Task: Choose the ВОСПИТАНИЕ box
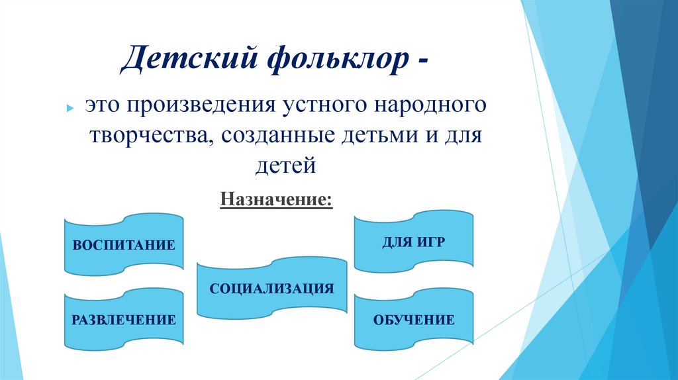(x=124, y=244)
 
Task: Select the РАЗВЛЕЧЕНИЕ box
(x=124, y=320)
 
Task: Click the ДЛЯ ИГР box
(x=413, y=242)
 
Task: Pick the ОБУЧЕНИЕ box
(x=413, y=320)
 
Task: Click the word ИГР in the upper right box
(x=430, y=242)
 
